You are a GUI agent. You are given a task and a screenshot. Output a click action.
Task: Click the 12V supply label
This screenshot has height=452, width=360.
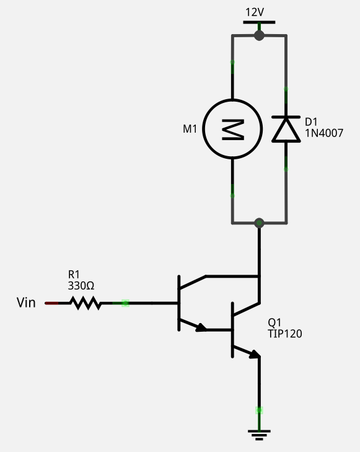click(255, 12)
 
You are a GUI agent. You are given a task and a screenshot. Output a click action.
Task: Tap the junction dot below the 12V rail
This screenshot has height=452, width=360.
click(259, 36)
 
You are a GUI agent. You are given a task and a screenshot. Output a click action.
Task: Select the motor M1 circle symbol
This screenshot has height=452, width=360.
click(232, 129)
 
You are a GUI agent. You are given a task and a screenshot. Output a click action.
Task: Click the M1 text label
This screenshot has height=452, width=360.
click(190, 129)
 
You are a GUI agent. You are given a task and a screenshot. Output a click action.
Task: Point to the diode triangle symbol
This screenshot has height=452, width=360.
click(286, 130)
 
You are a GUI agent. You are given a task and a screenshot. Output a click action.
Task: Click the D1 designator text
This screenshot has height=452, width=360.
click(311, 122)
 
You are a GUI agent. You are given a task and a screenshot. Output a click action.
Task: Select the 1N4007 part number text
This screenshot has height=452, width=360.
click(324, 133)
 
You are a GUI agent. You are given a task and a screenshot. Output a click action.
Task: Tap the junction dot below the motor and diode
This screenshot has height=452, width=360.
click(259, 223)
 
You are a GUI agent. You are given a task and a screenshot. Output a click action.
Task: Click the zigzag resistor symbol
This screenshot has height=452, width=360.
click(86, 303)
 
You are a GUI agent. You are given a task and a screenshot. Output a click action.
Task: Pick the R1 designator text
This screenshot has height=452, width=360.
click(74, 274)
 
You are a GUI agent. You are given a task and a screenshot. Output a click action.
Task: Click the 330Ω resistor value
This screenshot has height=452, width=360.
click(81, 286)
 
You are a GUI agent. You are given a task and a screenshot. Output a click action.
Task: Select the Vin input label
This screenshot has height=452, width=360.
click(26, 303)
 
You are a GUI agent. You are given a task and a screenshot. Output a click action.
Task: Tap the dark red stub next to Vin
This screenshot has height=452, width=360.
click(51, 303)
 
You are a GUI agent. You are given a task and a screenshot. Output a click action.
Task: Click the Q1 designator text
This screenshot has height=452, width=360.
click(274, 322)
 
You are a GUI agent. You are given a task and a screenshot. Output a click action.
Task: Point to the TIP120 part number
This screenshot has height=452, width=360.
click(285, 334)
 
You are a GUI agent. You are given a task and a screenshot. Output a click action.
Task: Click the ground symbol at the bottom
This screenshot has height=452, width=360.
click(259, 435)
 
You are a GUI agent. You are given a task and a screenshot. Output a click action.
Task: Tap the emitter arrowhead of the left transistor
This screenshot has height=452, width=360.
click(201, 327)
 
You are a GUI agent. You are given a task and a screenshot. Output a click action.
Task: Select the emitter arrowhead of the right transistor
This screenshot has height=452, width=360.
click(255, 354)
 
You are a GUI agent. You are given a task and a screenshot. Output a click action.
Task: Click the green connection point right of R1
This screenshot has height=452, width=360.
click(125, 303)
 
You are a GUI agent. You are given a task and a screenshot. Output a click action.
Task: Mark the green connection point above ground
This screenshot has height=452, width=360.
click(259, 410)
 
